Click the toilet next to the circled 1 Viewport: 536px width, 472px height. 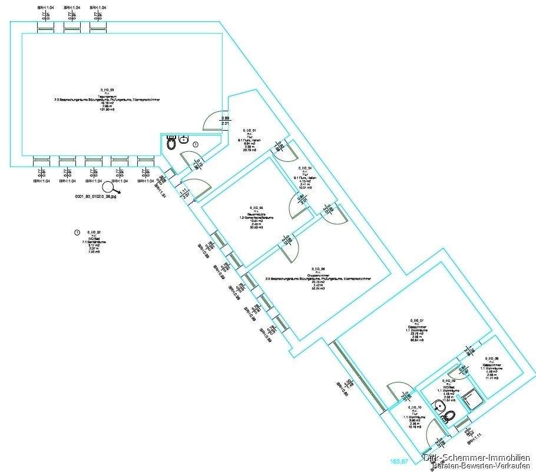coord(171,143)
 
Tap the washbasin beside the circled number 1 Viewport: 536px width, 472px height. coord(184,140)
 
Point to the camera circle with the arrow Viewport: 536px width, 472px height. coord(108,187)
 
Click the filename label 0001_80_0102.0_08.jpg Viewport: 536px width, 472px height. coord(95,198)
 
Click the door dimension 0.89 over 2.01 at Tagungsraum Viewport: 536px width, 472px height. coord(225,121)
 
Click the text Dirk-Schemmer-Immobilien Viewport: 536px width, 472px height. coord(477,457)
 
